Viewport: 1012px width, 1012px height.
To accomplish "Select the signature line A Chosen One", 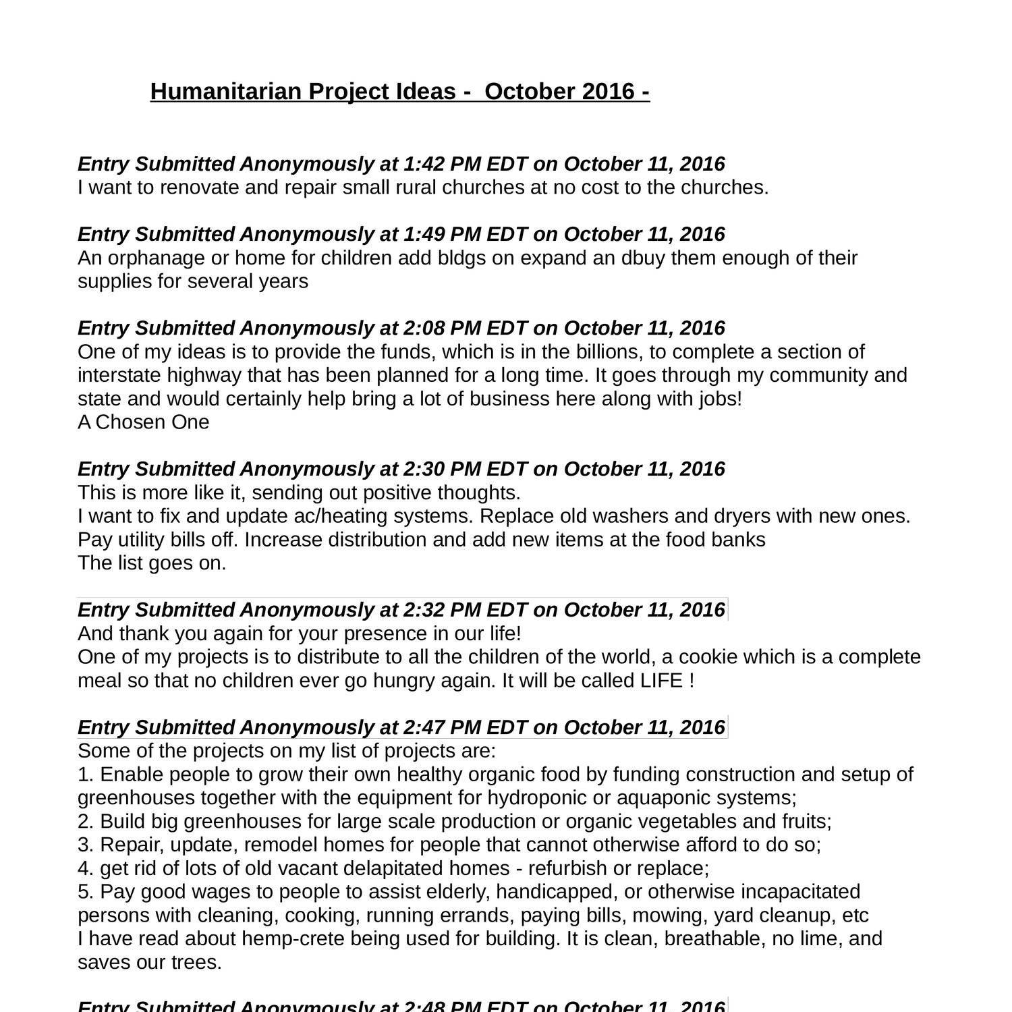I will click(143, 422).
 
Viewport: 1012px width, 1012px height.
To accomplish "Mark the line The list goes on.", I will click(152, 563).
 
